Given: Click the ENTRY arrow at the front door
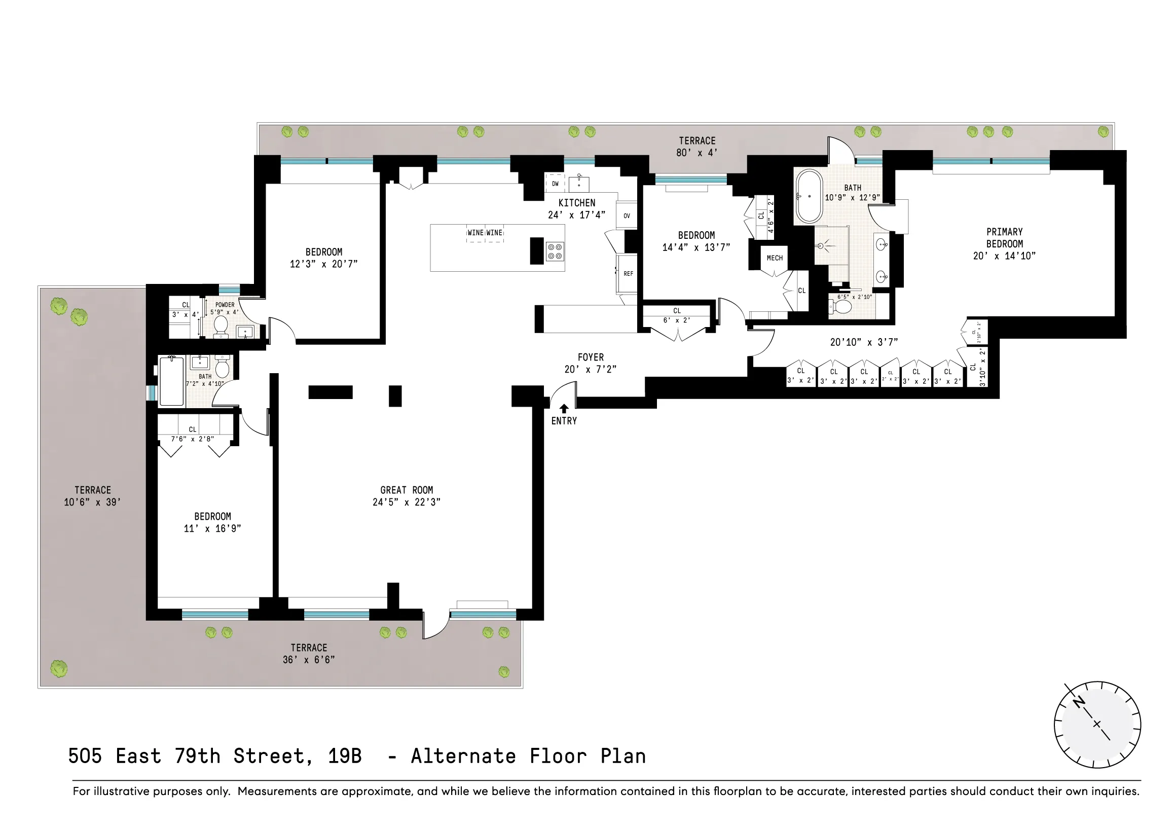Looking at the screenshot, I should [564, 409].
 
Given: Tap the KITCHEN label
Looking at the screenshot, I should [576, 202].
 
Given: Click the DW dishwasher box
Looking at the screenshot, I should [555, 184].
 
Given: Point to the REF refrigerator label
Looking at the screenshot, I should [628, 274].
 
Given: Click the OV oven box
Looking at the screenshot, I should [627, 216].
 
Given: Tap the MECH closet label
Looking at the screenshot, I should [774, 258].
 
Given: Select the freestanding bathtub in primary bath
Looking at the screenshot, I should [809, 196].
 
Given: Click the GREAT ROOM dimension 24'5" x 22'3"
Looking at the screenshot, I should [406, 502].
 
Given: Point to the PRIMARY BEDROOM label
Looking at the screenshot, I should [1004, 238].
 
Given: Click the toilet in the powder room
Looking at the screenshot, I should [221, 327].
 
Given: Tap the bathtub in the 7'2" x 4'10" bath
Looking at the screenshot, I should [171, 381].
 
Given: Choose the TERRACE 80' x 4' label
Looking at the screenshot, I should [697, 146].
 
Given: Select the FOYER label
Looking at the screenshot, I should [591, 357].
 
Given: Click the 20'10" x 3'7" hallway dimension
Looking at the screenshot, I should [864, 342].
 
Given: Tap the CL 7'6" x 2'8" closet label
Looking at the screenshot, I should [192, 434].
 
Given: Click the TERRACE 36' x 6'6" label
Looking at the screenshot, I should [308, 654].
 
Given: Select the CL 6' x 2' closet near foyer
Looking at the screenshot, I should [677, 315].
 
